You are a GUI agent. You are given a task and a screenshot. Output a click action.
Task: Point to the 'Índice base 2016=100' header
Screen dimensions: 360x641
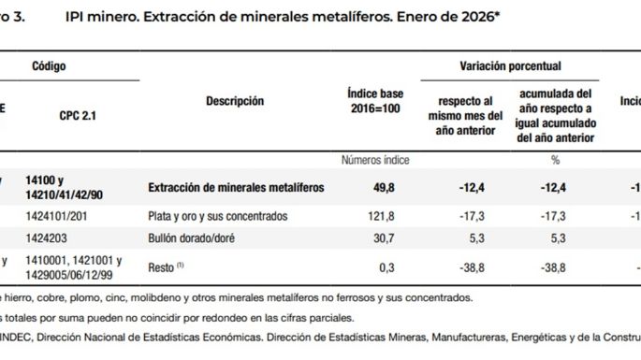pos(375,101)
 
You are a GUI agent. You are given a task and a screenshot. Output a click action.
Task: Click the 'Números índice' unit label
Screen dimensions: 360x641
pos(375,160)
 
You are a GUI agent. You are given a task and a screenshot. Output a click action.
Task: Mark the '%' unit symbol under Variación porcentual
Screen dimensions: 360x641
pos(555,160)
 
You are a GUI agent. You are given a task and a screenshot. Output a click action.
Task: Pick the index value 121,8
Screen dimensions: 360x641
pos(386,216)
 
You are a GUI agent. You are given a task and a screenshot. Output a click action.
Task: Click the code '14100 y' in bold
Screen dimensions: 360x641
pos(54,180)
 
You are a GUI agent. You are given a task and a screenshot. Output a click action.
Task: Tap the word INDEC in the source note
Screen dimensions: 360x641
pos(21,336)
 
